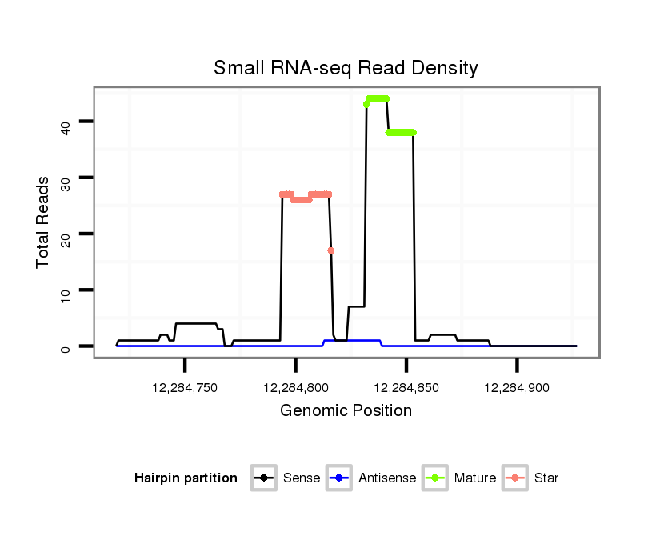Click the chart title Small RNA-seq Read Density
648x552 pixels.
tap(346, 68)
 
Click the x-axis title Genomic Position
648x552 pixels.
tap(346, 411)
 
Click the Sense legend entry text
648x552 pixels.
tap(302, 478)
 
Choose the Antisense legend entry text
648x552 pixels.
tap(387, 478)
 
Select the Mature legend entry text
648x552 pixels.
tap(475, 478)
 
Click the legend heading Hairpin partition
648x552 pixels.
tap(186, 478)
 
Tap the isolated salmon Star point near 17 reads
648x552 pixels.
tap(331, 250)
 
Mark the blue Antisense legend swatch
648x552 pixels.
tap(341, 478)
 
